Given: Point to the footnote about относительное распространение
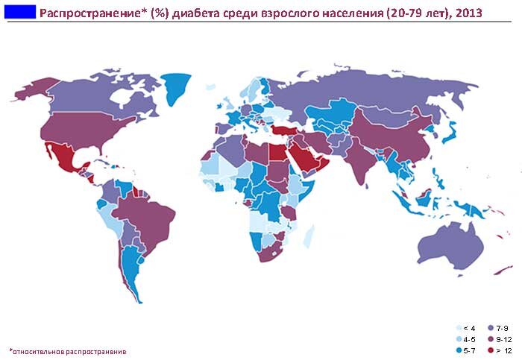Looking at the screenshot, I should (68, 350).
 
